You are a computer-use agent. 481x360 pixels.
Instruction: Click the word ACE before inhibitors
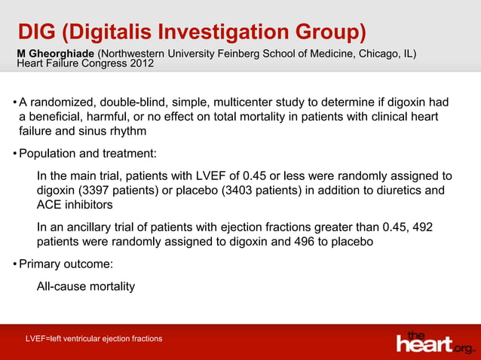(50, 204)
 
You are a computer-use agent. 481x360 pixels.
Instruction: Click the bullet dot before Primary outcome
(14, 264)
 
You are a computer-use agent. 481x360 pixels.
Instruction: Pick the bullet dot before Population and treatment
(14, 154)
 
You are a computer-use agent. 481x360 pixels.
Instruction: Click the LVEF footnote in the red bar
(93, 339)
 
